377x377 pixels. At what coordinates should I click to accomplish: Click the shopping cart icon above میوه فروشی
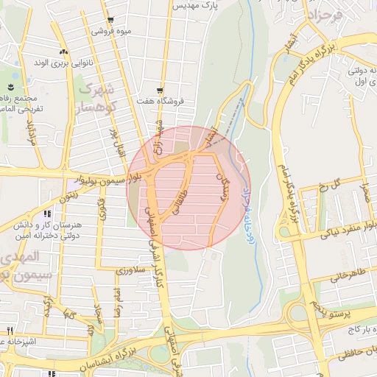pos(110,20)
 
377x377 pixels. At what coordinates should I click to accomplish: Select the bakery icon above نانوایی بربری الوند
pos(63,51)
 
